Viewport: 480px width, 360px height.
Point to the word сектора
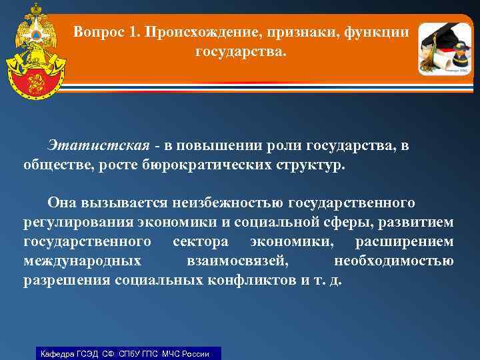pos(201,241)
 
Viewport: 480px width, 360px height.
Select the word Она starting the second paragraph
pos(62,202)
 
